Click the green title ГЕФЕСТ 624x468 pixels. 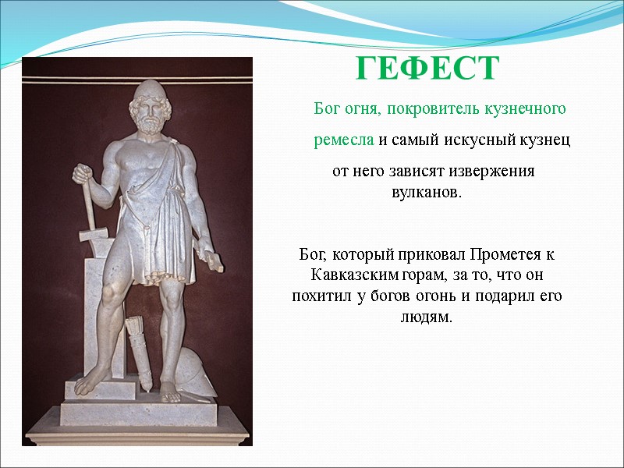[427, 70]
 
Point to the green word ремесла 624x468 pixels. [344, 140]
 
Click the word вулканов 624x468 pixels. [426, 192]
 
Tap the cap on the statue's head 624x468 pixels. [147, 97]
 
